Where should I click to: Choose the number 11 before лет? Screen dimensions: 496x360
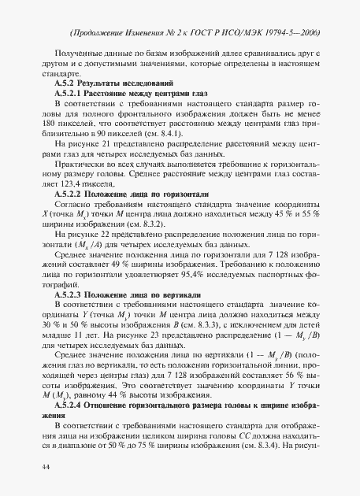[x=78, y=335]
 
